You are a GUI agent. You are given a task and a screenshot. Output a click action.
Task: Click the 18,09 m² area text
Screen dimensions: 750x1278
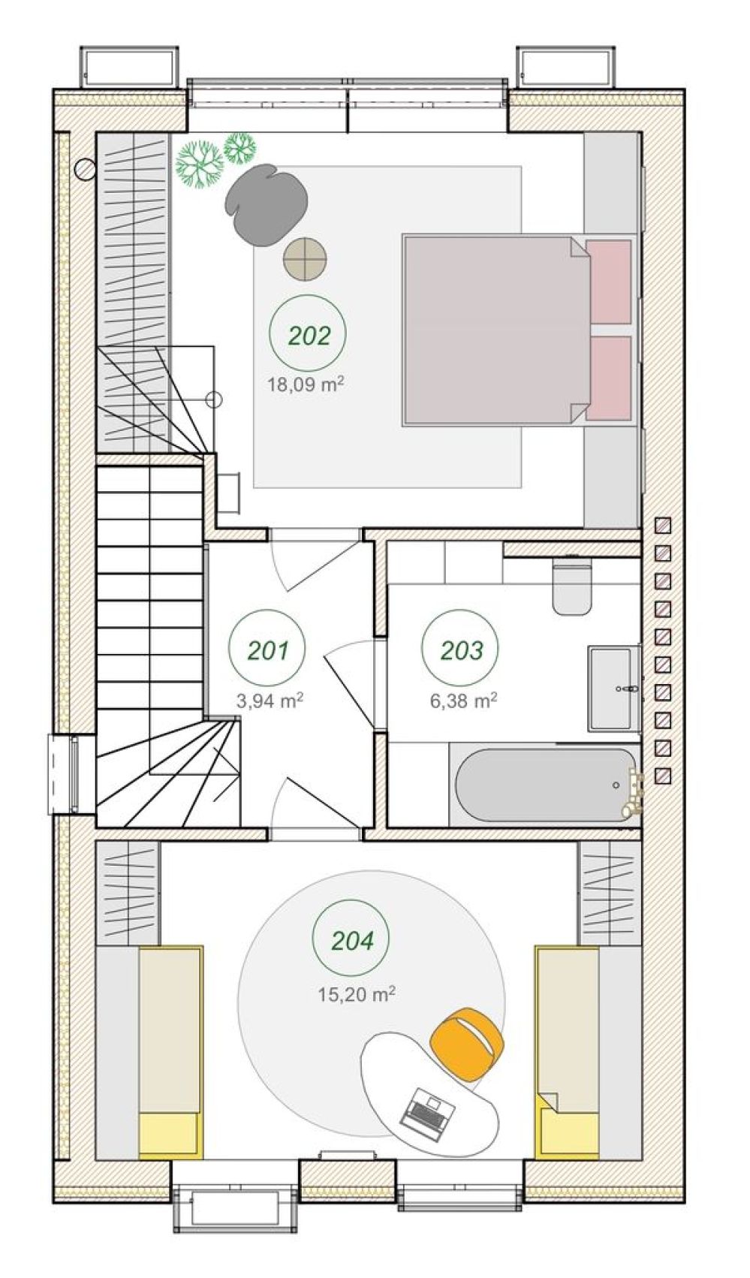pyautogui.click(x=306, y=384)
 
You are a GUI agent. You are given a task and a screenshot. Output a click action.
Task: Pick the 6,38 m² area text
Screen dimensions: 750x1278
pyautogui.click(x=464, y=700)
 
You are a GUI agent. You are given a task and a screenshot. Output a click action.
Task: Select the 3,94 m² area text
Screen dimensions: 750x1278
pyautogui.click(x=270, y=700)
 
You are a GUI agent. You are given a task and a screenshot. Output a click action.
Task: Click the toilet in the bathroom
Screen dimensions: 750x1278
pyautogui.click(x=573, y=588)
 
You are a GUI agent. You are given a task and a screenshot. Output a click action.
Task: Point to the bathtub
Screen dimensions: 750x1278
pyautogui.click(x=546, y=785)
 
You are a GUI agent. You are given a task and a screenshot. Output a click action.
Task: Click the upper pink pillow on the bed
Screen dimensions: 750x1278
pyautogui.click(x=609, y=282)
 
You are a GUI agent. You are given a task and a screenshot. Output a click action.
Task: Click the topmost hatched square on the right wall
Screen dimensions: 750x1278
pyautogui.click(x=663, y=525)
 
